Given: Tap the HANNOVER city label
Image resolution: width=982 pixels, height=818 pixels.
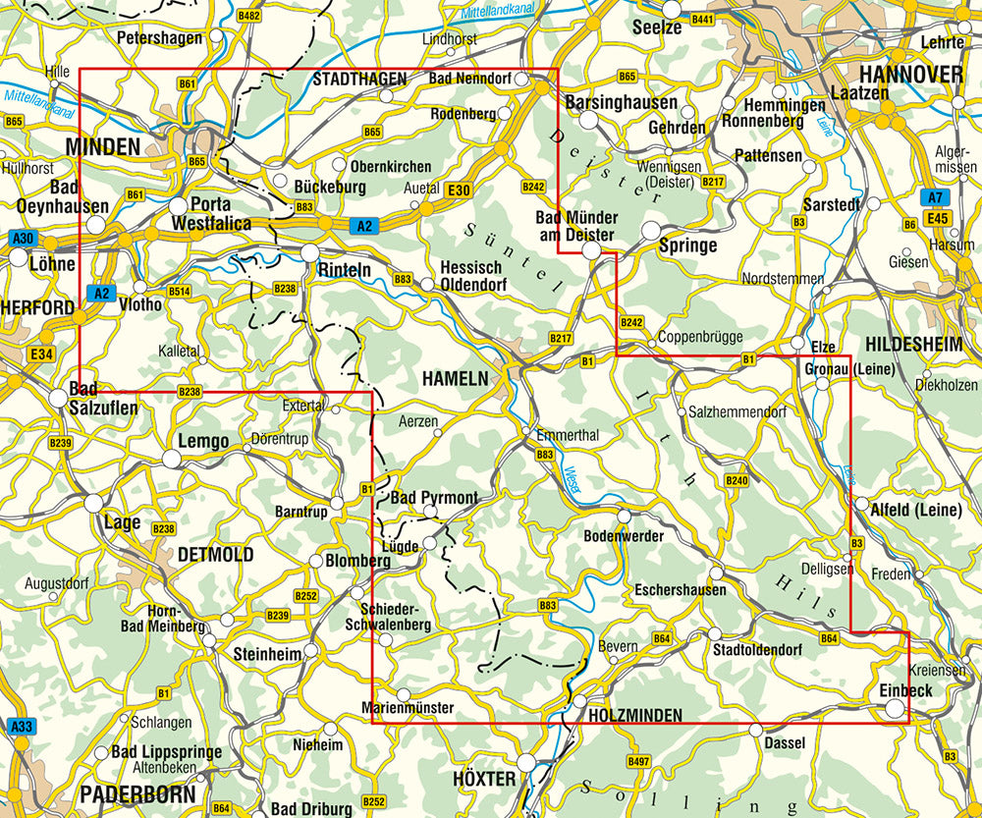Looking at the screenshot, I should pos(910,75).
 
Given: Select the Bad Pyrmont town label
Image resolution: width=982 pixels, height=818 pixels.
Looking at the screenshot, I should pos(434,498).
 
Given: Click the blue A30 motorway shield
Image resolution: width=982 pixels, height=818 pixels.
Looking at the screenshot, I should pos(23,239).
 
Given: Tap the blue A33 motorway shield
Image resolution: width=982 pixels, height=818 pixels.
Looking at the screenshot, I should pos(20,727).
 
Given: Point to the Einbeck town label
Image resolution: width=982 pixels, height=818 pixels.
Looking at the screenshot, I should pos(905,691).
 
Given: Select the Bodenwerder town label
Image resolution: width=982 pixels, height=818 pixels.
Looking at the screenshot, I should pos(624,536).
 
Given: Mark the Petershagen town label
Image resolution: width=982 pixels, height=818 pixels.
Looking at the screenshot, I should pos(159,37).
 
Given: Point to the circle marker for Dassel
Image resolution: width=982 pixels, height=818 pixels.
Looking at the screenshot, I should pos(755,730).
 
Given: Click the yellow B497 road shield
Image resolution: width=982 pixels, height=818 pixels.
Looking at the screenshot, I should pos(638,761).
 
